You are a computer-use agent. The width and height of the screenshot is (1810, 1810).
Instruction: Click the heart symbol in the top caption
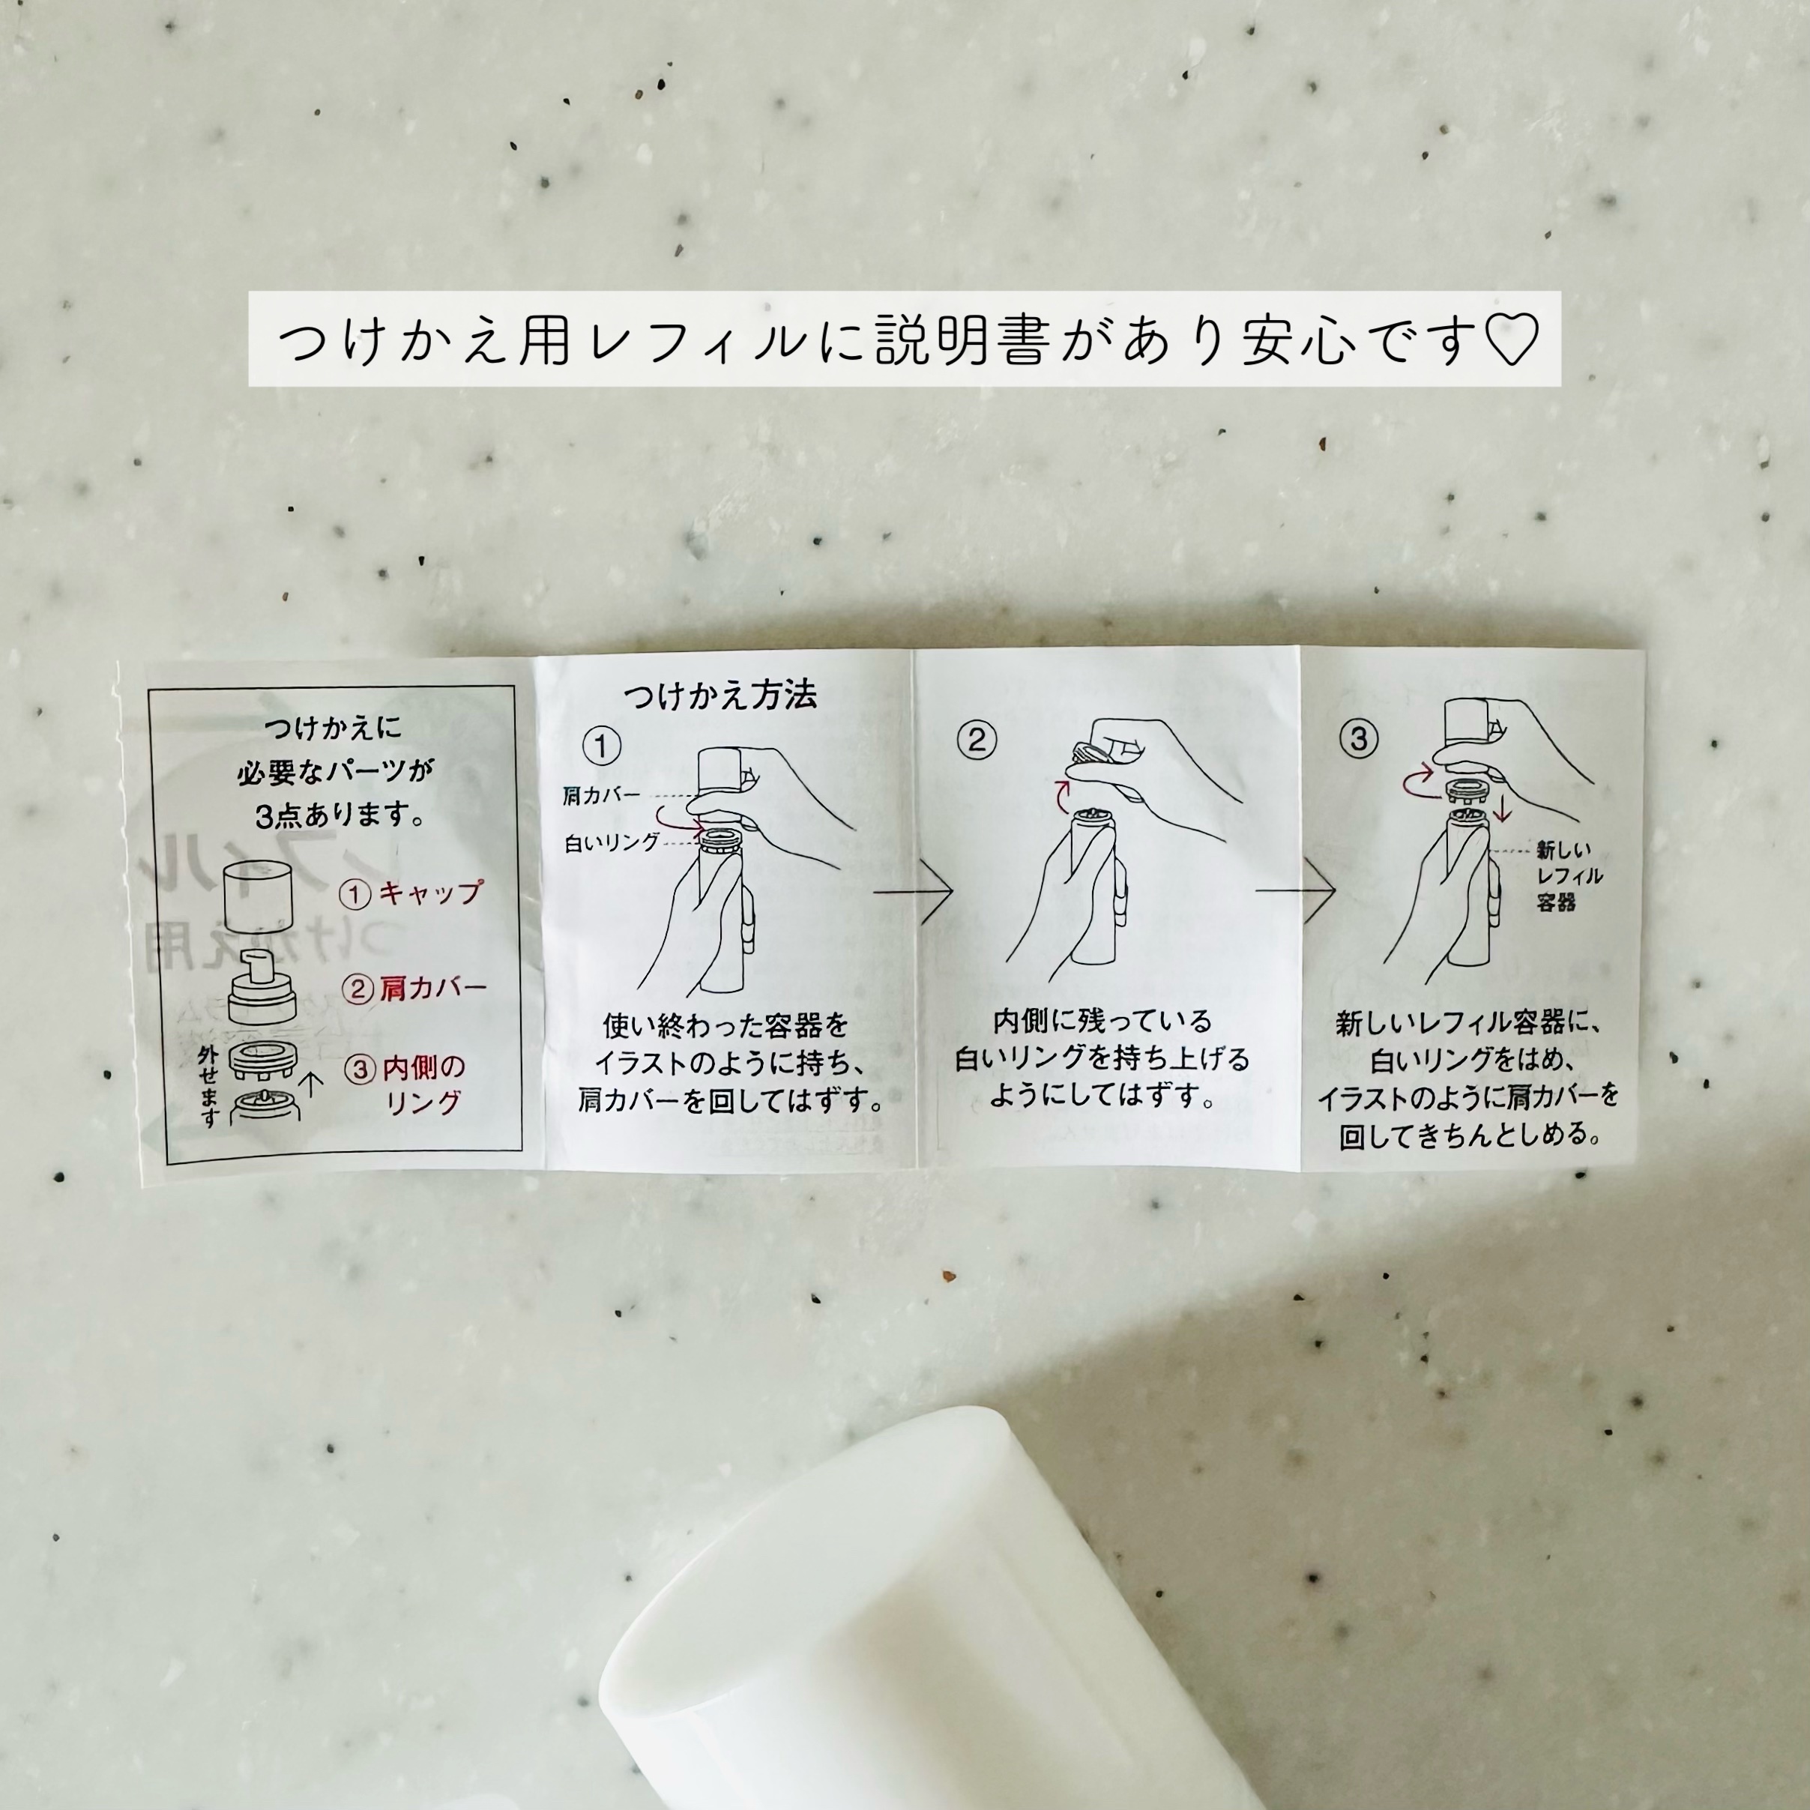[1512, 339]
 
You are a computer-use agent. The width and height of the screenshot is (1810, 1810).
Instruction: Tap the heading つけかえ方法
[720, 694]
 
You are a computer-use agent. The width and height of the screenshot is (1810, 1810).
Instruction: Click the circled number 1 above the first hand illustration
[601, 746]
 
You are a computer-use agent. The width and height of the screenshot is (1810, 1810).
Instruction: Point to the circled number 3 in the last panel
[1358, 739]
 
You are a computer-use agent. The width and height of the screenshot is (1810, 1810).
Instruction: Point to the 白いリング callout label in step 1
[612, 842]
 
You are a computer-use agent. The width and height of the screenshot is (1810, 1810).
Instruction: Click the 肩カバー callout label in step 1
[601, 795]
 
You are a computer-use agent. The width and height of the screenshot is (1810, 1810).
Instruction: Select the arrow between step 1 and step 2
[914, 890]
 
